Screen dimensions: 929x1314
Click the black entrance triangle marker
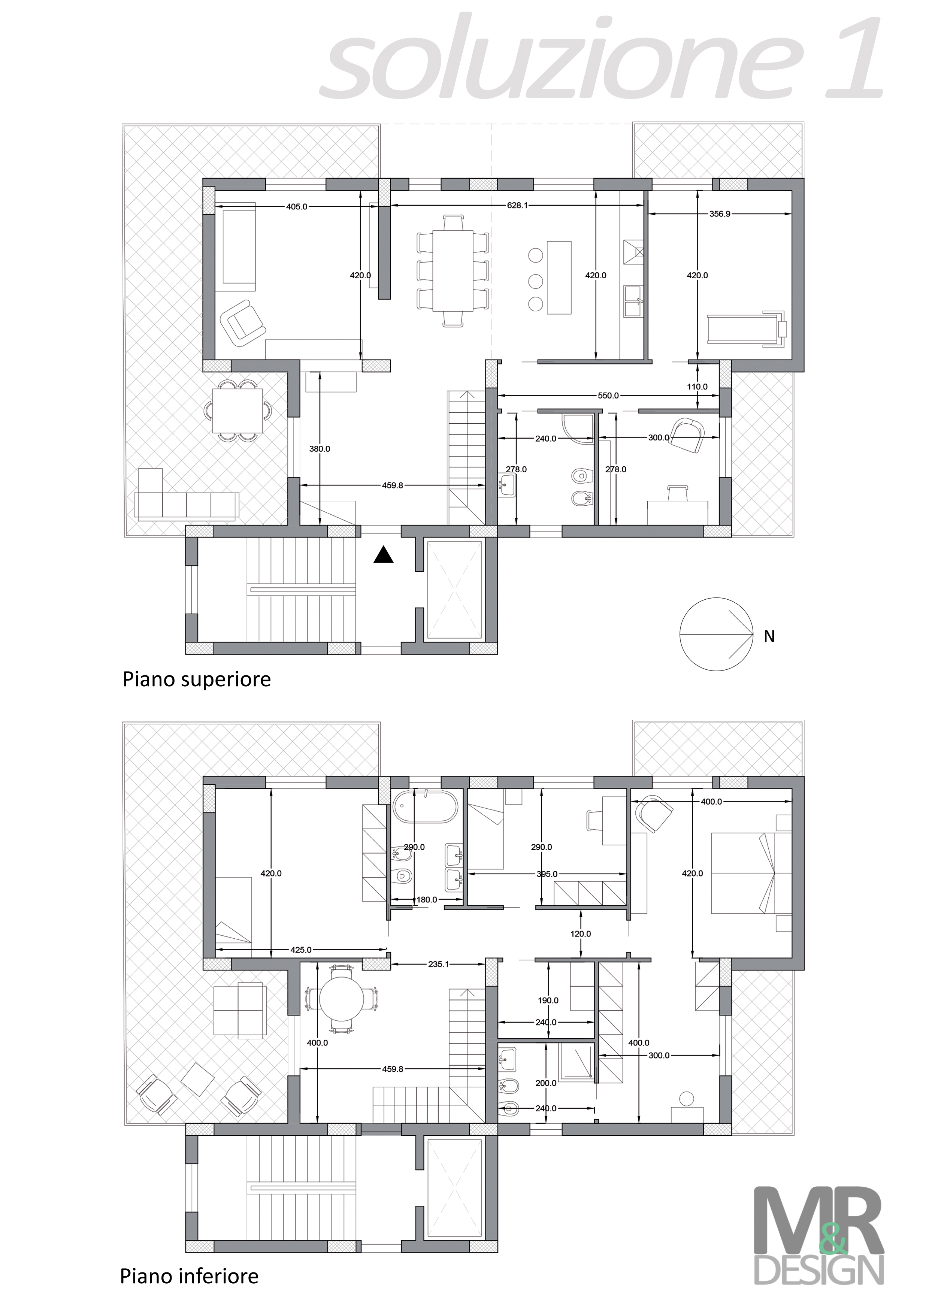tap(384, 555)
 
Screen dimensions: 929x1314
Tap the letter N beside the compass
tap(769, 636)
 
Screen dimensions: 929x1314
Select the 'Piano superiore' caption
tap(196, 680)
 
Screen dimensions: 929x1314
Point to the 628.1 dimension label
tap(517, 205)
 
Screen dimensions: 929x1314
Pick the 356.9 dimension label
tap(720, 214)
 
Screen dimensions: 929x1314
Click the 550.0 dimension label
tap(608, 396)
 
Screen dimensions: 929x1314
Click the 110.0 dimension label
tap(697, 386)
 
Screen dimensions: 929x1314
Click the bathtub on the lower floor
tap(425, 806)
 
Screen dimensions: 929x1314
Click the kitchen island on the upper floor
tap(559, 277)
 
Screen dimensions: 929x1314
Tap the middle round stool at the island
tap(536, 281)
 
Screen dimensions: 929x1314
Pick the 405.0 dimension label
tap(297, 207)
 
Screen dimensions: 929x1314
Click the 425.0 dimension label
tap(301, 950)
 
